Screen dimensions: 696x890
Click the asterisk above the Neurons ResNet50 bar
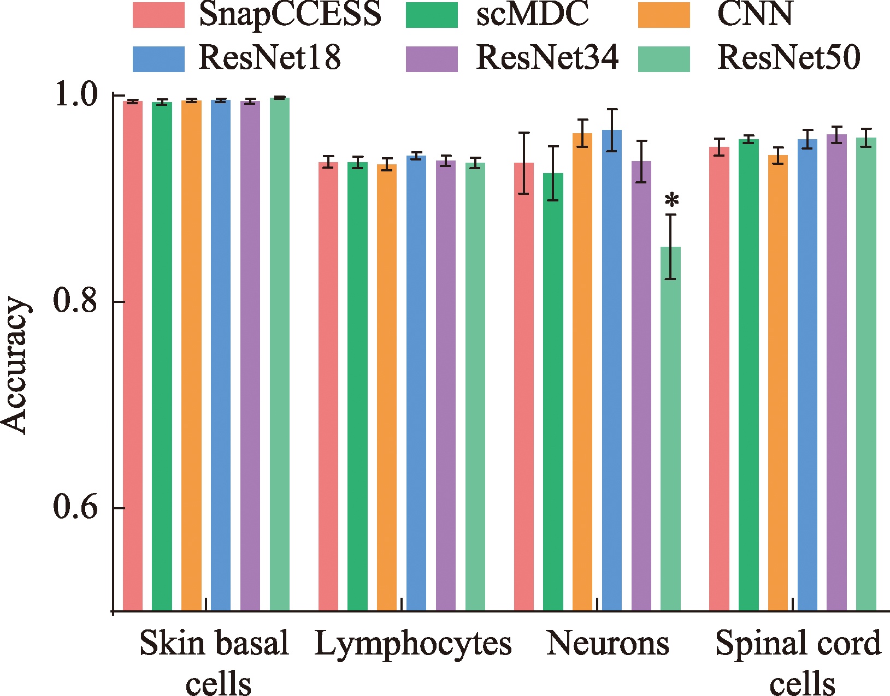point(671,201)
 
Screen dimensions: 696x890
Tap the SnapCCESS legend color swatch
point(158,15)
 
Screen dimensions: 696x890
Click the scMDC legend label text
point(533,15)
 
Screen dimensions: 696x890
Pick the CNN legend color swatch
point(664,15)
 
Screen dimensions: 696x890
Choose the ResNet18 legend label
point(269,57)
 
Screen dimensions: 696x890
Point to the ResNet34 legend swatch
point(432,59)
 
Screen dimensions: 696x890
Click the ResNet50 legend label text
point(788,57)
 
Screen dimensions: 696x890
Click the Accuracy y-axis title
point(15,366)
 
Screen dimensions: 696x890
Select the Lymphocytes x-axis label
point(413,644)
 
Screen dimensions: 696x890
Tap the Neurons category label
point(608,644)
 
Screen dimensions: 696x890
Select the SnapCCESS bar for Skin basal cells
point(133,355)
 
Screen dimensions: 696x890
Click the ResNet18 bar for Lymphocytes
point(416,382)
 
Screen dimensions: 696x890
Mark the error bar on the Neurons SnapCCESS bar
point(524,163)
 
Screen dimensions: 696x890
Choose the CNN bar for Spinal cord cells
point(778,382)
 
